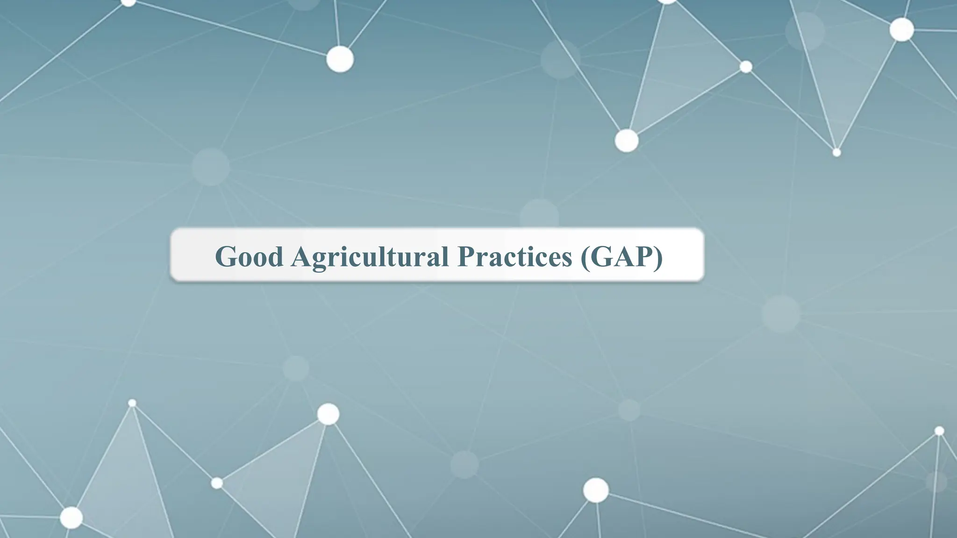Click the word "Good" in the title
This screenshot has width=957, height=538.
(249, 256)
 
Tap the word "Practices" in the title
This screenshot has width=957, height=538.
(514, 256)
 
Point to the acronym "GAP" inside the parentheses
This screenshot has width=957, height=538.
(622, 256)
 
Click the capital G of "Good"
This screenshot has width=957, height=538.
(225, 256)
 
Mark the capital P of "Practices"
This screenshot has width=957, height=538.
(468, 256)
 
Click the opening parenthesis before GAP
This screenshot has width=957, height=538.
(585, 257)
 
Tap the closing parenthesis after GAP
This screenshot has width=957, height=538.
(658, 257)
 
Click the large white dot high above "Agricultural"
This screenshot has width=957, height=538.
(340, 59)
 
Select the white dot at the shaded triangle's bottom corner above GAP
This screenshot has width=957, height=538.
(627, 141)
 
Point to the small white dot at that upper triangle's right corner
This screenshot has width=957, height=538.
(746, 67)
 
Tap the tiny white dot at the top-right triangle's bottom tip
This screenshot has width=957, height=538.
(837, 152)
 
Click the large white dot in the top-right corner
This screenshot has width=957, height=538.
(901, 29)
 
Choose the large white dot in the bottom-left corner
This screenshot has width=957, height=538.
(71, 517)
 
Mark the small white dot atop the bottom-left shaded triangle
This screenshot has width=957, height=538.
(132, 403)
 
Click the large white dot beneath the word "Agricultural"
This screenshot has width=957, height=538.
(328, 414)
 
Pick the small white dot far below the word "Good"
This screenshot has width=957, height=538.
(217, 483)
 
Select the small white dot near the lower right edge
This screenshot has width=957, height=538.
(939, 431)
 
